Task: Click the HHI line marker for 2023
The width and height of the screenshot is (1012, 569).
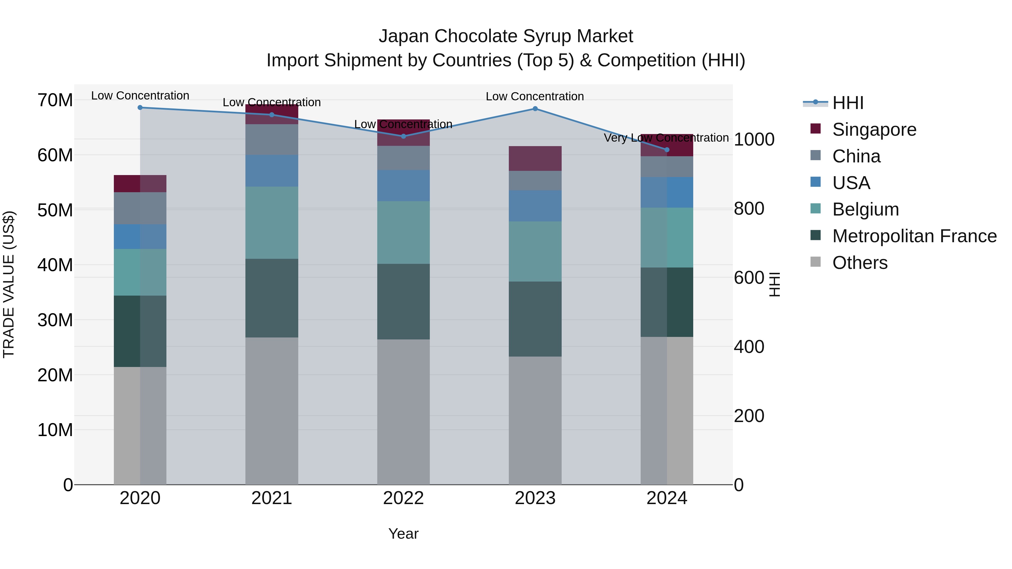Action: pos(535,109)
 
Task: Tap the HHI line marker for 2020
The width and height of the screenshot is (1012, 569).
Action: pos(140,108)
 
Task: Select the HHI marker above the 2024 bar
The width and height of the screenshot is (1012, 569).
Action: pos(667,149)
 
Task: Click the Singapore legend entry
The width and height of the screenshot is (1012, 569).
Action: pos(874,130)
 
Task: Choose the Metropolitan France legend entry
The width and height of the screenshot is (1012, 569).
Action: pos(914,236)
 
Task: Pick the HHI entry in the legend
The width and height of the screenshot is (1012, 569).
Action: pos(847,103)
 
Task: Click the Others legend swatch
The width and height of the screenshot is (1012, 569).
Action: pos(816,262)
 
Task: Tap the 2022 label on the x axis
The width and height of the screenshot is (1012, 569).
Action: pos(403,498)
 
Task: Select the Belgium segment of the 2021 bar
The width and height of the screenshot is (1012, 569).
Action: pos(272,223)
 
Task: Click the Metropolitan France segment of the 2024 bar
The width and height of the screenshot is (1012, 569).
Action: pos(667,302)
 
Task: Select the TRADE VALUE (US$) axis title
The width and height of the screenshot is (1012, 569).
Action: pos(9,284)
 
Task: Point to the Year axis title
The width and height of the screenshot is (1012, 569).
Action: pos(403,534)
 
